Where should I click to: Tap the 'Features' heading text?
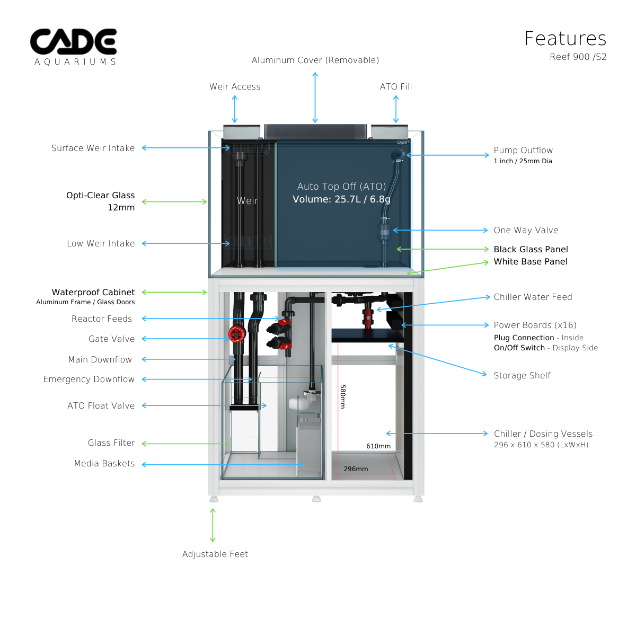coord(565,39)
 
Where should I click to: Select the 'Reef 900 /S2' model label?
coord(578,57)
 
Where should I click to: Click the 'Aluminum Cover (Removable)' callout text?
coord(315,60)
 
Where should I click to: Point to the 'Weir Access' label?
coord(235,86)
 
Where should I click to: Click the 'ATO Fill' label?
coord(396,86)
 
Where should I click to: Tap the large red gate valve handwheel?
coord(236,334)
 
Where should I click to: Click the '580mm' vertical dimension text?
coord(343,396)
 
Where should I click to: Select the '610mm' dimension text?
coord(378,446)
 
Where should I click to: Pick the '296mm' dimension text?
coord(356,469)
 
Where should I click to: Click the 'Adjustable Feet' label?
coord(215,554)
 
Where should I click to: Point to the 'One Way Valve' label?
coord(526,230)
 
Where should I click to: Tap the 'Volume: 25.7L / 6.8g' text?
coord(341,199)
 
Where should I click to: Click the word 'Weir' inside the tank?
coord(248,201)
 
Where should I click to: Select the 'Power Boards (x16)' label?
coord(535,325)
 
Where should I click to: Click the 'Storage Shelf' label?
coord(522,375)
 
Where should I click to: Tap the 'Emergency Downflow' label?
coord(89,379)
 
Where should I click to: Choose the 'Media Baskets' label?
coord(104,463)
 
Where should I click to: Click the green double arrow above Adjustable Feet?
coord(213,525)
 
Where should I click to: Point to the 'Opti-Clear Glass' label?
coord(101,195)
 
